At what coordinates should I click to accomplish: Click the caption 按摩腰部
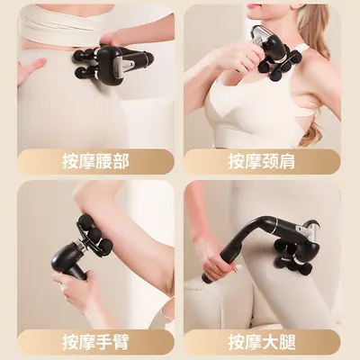tap(95, 161)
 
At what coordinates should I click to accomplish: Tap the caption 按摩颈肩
tap(262, 161)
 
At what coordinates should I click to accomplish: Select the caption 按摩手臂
tap(95, 341)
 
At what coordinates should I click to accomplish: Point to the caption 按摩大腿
tap(262, 341)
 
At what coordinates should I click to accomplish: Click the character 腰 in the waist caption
tap(104, 161)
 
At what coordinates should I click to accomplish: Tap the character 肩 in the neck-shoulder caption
tap(287, 161)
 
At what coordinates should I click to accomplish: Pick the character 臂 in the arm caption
tap(121, 341)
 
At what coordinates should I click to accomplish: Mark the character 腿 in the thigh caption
tap(287, 341)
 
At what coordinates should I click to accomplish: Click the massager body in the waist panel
tap(114, 62)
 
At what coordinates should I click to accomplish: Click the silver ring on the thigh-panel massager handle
tap(274, 222)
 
